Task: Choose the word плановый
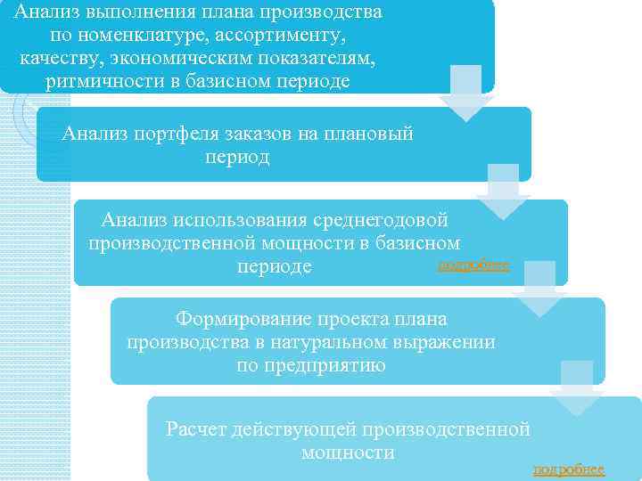pos(366,135)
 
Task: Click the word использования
pos(244,219)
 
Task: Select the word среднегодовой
pos(385,219)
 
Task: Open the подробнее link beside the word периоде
pos(474,265)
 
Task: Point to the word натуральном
pos(303,341)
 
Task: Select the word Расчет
pos(195,429)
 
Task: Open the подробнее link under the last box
pos(568,469)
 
